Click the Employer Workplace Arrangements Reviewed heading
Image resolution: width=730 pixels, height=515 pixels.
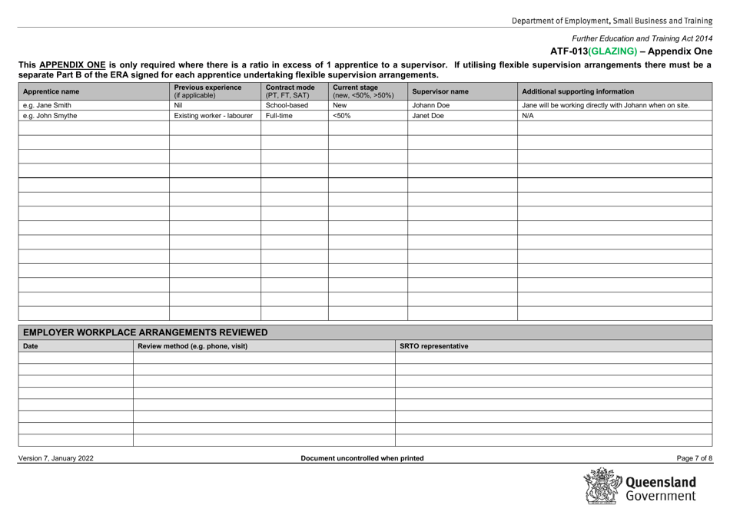click(146, 332)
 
